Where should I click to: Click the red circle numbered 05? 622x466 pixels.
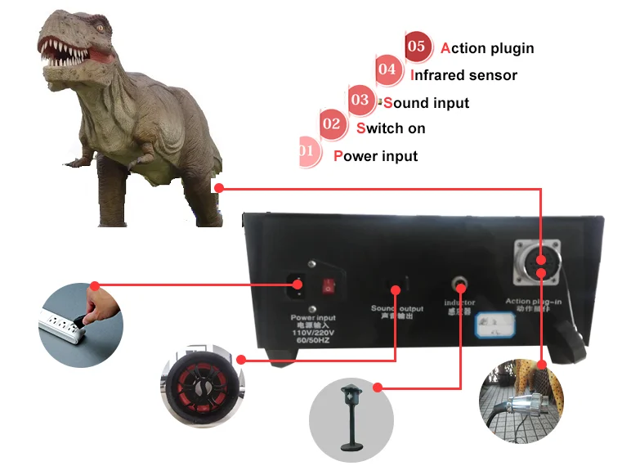416,47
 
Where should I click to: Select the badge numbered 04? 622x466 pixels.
387,71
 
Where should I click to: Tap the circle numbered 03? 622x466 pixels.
360,101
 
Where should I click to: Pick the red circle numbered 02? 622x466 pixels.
331,125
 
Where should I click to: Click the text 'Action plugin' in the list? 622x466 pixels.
487,48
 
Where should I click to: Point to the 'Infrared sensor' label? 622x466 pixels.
463,75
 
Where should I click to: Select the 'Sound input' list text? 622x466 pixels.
426,103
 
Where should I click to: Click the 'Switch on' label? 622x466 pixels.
391,128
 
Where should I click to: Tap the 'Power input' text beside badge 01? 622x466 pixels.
375,156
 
